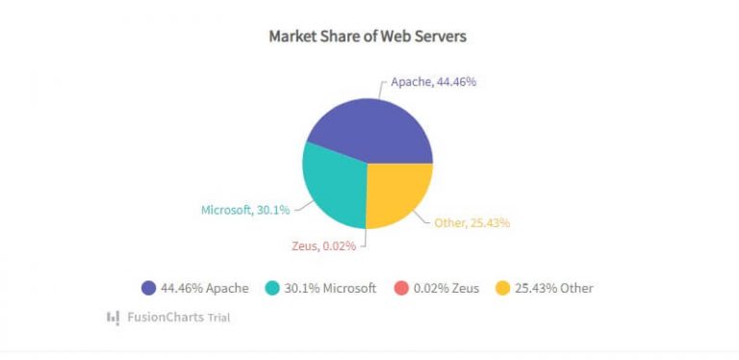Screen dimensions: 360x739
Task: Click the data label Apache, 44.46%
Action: pos(433,82)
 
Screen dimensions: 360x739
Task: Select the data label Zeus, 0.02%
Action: pos(323,245)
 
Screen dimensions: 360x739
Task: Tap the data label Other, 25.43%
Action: pos(471,223)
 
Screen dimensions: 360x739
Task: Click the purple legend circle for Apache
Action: pos(148,288)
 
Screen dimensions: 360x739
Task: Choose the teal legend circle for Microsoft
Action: pos(272,288)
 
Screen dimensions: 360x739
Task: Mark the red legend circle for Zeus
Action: pos(401,288)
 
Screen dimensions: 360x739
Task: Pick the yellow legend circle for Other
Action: pos(502,288)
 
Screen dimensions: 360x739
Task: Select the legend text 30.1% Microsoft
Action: pos(330,288)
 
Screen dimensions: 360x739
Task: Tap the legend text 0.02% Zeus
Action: pos(446,288)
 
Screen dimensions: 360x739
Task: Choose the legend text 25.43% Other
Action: pos(554,288)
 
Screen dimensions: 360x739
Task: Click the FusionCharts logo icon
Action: pos(113,316)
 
